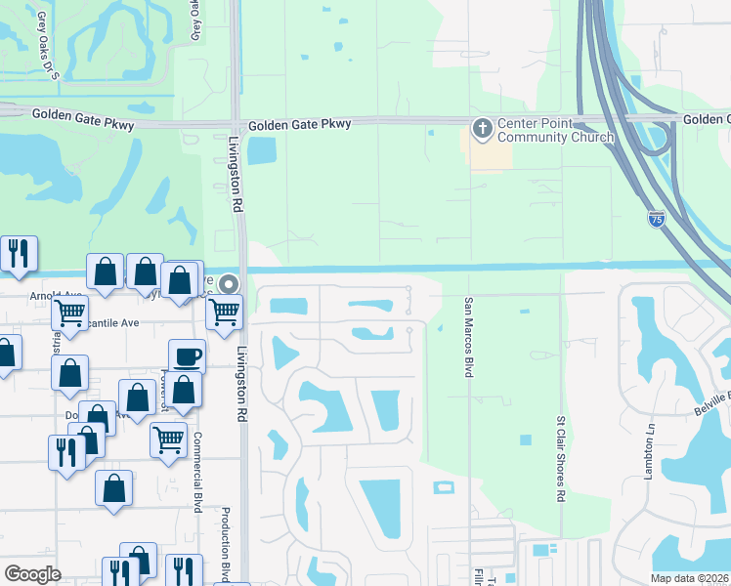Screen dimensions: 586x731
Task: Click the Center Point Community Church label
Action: click(556, 130)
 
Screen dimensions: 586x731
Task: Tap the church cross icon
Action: click(482, 129)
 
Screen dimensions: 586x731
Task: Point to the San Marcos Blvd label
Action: click(468, 337)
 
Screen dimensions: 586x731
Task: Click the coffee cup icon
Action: click(187, 356)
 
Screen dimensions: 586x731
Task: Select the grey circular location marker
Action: click(229, 284)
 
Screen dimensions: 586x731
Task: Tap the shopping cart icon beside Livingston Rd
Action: click(225, 312)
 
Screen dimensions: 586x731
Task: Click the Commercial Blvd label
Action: click(197, 472)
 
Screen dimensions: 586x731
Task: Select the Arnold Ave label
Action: click(57, 294)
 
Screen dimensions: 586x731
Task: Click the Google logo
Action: click(33, 574)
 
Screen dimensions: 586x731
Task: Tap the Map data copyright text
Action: click(690, 578)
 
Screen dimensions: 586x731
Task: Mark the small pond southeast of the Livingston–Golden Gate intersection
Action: click(262, 150)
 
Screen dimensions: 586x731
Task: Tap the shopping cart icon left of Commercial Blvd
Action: click(168, 439)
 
